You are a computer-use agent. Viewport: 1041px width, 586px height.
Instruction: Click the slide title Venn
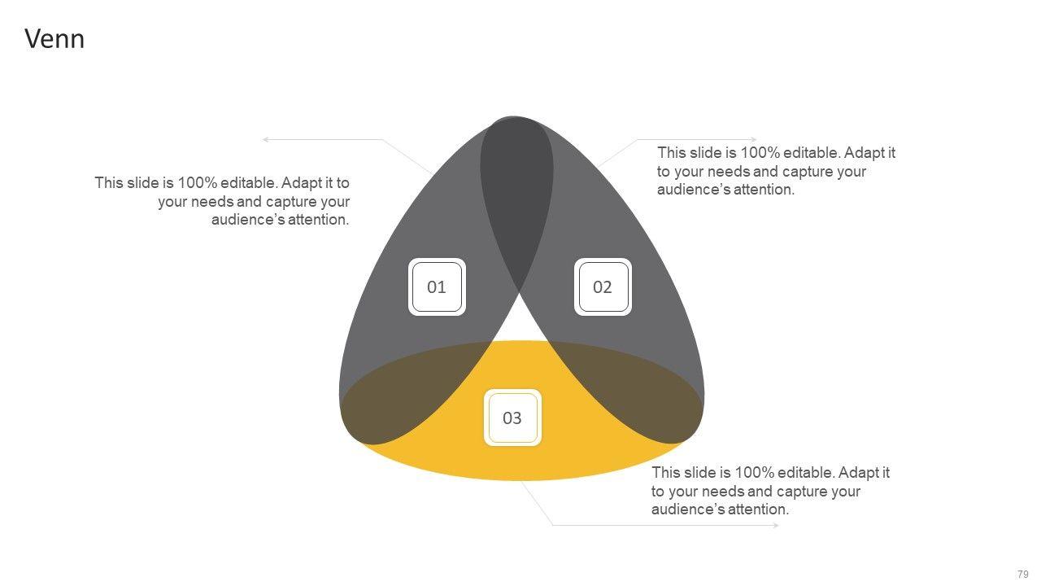pyautogui.click(x=54, y=39)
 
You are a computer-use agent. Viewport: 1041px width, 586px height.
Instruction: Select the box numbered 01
pyautogui.click(x=437, y=286)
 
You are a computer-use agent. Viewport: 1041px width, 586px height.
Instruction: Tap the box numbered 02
pyautogui.click(x=603, y=286)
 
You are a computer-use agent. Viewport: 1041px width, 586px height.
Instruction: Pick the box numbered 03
pyautogui.click(x=512, y=418)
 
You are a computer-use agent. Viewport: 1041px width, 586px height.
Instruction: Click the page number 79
pyautogui.click(x=1023, y=574)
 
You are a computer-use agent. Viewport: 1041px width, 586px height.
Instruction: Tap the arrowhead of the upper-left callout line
pyautogui.click(x=265, y=140)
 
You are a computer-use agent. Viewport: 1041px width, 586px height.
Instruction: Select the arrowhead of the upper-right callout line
pyautogui.click(x=754, y=140)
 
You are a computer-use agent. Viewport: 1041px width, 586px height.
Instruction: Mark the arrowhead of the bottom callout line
pyautogui.click(x=776, y=526)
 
